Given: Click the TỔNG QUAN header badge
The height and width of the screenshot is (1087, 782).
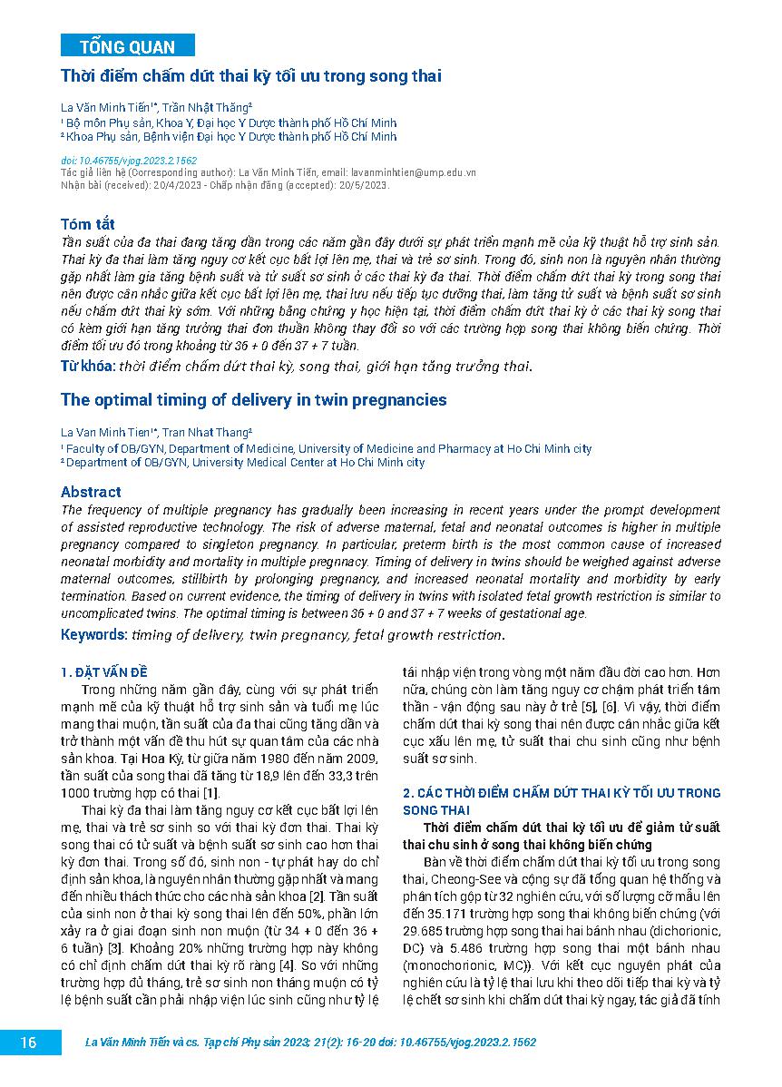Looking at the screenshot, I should [x=127, y=46].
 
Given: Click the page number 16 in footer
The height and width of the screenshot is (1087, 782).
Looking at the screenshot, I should [x=29, y=1043].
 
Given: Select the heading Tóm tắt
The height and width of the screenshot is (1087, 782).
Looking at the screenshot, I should [x=87, y=224].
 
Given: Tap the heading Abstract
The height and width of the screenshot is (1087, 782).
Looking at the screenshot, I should [x=91, y=492].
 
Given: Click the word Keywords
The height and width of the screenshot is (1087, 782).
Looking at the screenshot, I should [x=94, y=634].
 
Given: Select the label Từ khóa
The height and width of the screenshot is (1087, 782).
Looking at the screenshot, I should [x=86, y=367].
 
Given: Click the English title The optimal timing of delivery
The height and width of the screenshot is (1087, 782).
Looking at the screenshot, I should [x=253, y=399].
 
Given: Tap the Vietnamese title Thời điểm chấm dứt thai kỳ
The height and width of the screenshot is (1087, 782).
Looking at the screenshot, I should [x=250, y=76].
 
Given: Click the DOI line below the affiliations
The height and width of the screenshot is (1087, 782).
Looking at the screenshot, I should [x=128, y=160].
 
